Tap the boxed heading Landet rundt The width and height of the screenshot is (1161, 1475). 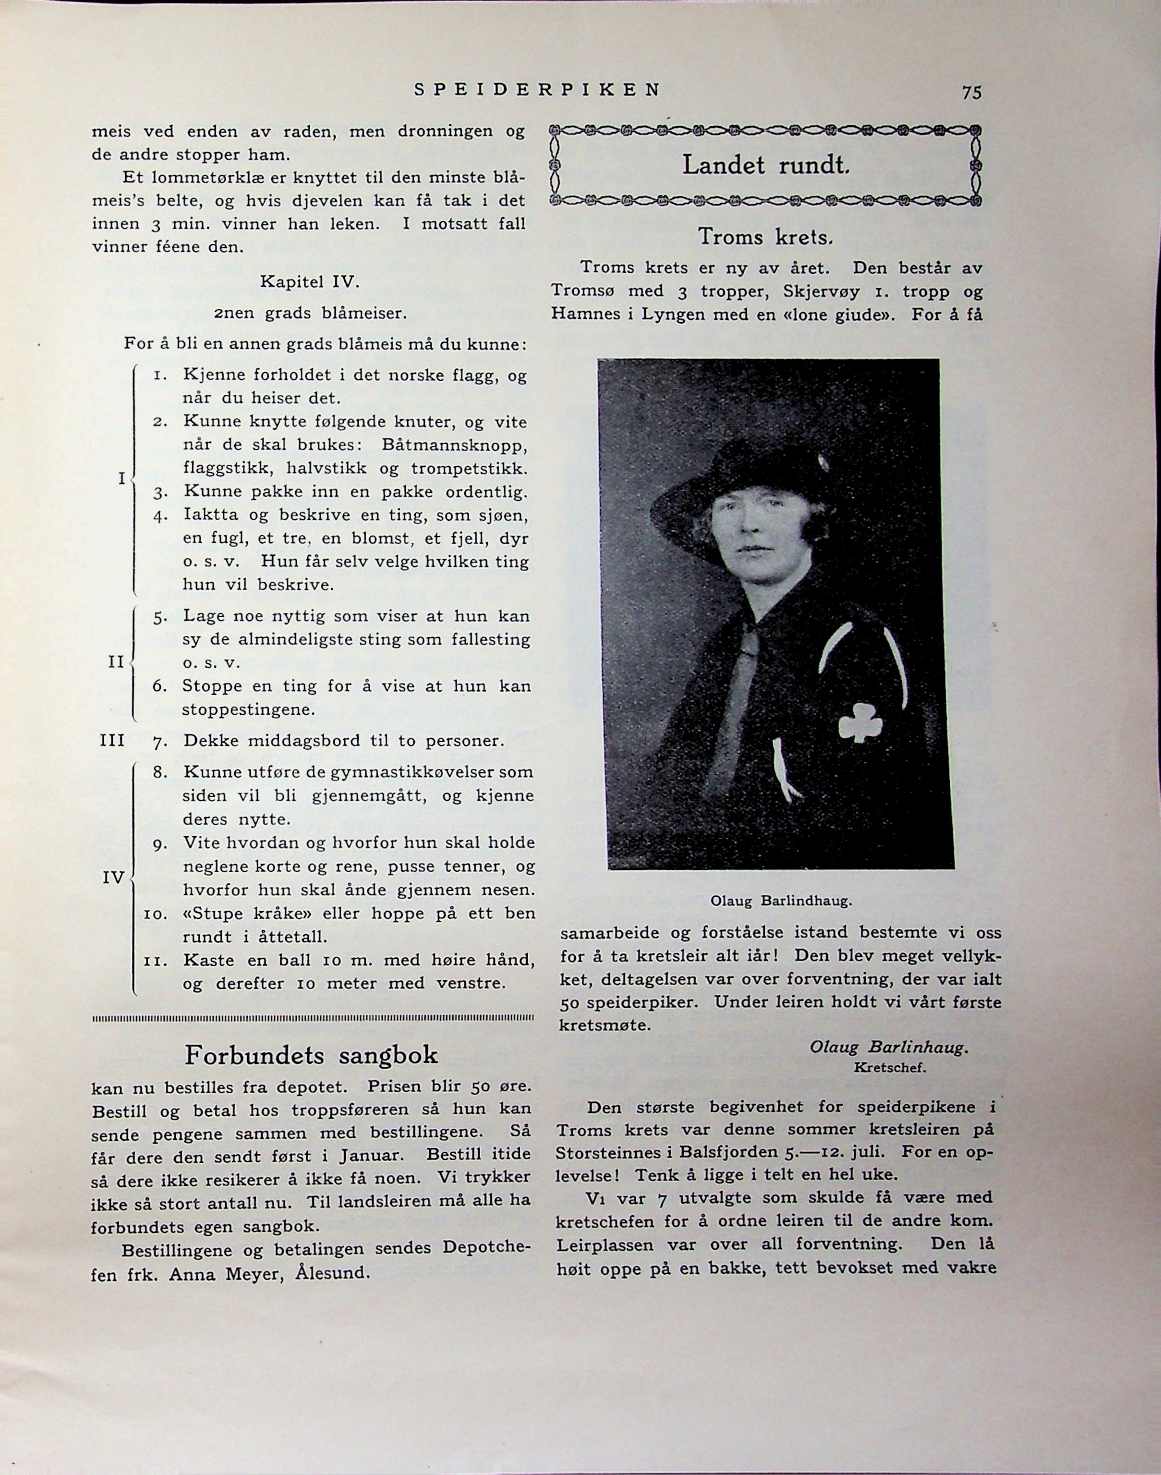point(766,165)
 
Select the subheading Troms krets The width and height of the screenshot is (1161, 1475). point(765,237)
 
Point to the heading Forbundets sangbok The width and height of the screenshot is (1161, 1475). point(311,1055)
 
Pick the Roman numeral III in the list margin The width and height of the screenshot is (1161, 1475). point(112,740)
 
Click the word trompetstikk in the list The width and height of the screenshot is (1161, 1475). point(469,469)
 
